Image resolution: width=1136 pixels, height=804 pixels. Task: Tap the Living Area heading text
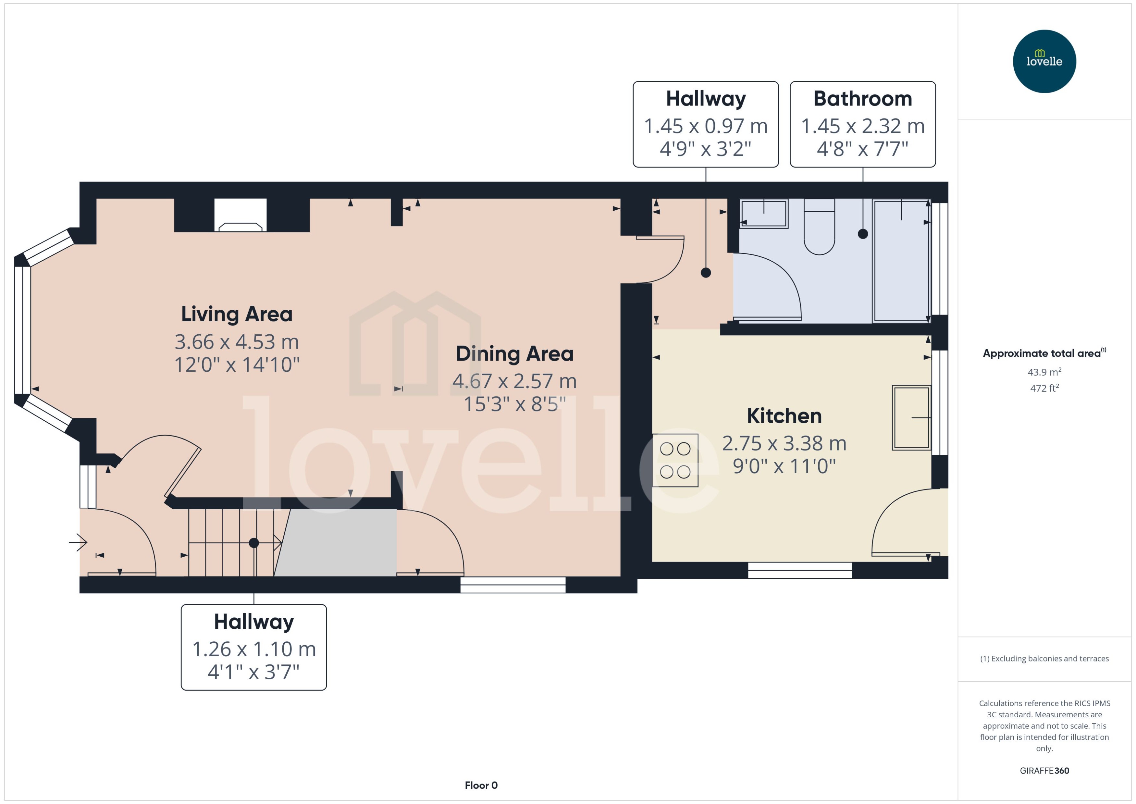[237, 314]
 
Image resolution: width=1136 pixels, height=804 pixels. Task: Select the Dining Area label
[514, 353]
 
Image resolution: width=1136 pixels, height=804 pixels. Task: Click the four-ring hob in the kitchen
[675, 460]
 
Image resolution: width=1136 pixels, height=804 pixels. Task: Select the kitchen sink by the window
[911, 418]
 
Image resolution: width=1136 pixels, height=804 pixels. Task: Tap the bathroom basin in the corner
[764, 213]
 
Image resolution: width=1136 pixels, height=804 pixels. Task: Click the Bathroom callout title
[862, 99]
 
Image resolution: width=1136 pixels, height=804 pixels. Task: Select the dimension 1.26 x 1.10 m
[253, 649]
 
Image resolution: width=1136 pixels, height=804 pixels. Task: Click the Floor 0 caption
[481, 785]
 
